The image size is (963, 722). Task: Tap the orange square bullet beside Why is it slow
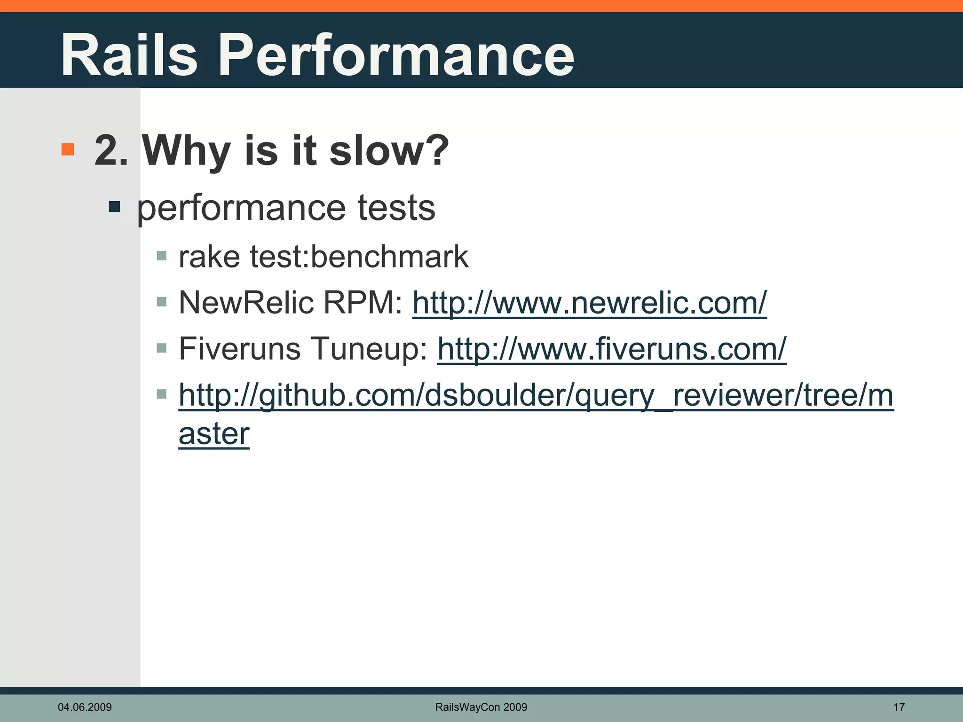68,149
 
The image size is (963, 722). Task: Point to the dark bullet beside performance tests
114,207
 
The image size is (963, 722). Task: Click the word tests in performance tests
396,208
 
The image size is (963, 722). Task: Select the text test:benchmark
359,257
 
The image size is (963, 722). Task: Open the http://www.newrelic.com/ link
589,302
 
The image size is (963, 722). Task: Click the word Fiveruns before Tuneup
240,349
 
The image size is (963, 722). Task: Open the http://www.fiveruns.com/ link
611,349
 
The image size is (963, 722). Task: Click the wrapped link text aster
214,433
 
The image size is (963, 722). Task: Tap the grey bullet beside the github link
162,394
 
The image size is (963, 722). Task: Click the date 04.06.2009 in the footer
85,707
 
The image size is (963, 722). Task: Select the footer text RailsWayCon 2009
481,707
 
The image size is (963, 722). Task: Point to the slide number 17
899,707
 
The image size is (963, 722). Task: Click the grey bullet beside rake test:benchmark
162,256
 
